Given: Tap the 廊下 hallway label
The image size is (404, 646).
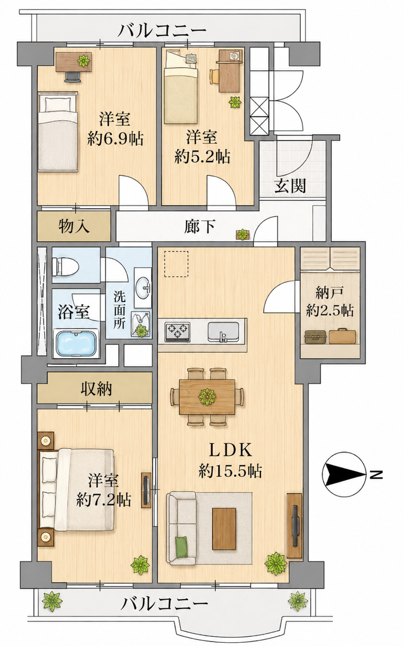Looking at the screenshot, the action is coord(200,226).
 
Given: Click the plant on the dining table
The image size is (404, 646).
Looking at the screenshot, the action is coord(207,397).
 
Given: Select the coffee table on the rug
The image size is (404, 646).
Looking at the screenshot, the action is coord(224,529).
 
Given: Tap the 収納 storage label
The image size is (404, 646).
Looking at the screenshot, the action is coord(96,388).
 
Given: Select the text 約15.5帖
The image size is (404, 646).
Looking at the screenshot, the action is coord(230,470).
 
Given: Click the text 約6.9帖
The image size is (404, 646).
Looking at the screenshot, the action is coord(115,139).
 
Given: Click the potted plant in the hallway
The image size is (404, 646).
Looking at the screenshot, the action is coord(242,234).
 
